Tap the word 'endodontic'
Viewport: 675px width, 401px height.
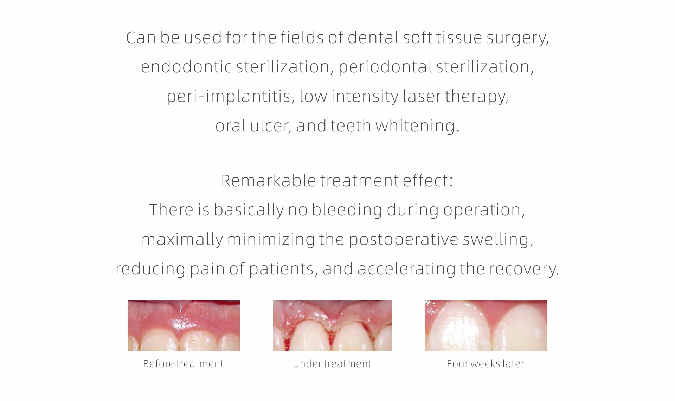click(186, 67)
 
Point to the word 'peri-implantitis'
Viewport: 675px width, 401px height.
click(229, 97)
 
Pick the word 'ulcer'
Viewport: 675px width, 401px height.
click(269, 126)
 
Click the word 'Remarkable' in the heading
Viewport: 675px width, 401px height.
click(269, 181)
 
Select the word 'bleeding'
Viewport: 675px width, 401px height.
click(347, 210)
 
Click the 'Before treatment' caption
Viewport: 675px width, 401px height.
click(184, 364)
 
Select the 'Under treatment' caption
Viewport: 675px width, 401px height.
click(332, 364)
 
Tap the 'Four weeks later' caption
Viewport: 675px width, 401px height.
click(486, 364)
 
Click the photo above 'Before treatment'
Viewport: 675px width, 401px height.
click(184, 326)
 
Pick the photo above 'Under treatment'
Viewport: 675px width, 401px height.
click(333, 326)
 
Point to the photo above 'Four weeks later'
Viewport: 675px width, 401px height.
click(486, 326)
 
